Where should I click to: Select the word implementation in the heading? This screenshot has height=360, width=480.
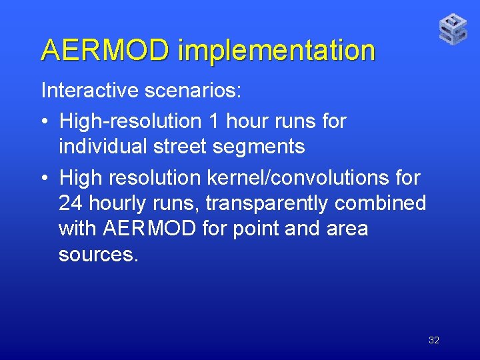click(x=277, y=51)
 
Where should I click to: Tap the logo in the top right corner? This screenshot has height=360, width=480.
click(x=453, y=29)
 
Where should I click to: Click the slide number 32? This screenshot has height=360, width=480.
click(x=434, y=340)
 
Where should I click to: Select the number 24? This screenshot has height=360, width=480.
click(x=71, y=203)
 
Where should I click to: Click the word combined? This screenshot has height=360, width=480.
click(x=391, y=203)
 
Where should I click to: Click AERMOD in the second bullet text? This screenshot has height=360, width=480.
click(x=150, y=229)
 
